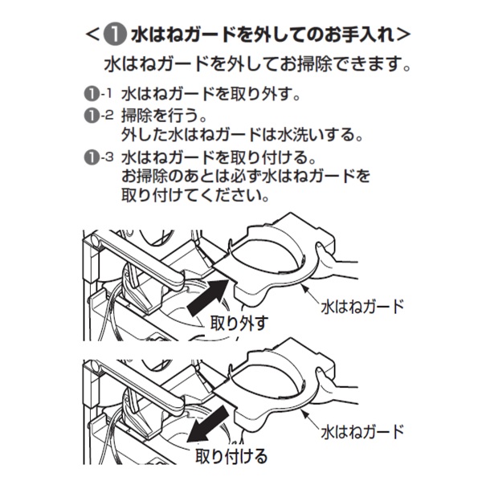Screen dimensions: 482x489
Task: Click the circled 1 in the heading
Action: tap(115, 34)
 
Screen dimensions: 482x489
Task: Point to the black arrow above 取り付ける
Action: tap(208, 424)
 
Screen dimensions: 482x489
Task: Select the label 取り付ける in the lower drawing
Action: tap(231, 456)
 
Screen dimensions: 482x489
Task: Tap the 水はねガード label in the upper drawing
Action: tap(362, 307)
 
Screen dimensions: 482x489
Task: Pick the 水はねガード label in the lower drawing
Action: tap(362, 432)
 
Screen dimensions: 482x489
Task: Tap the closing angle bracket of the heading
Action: tap(402, 35)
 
